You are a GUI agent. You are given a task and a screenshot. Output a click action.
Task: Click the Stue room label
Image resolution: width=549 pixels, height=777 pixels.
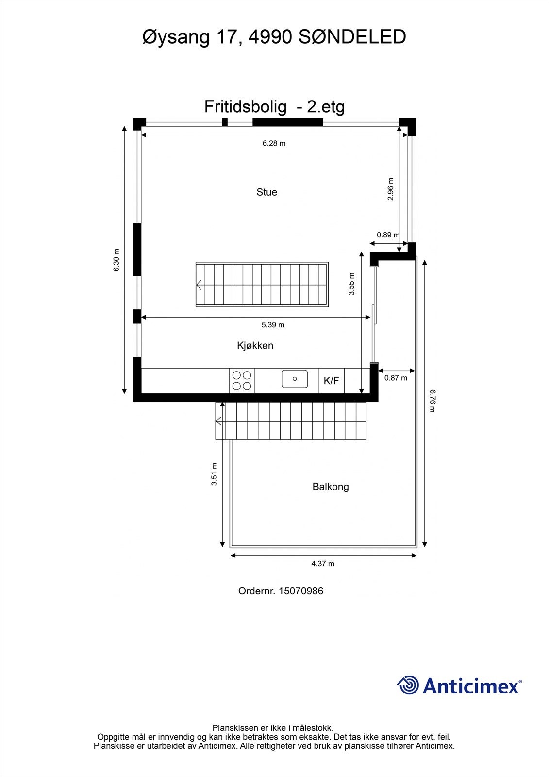[x=266, y=192]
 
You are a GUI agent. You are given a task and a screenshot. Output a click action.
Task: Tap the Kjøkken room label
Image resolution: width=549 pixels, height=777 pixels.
[x=255, y=346]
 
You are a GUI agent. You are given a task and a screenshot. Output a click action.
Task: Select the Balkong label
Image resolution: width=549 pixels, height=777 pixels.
[x=331, y=487]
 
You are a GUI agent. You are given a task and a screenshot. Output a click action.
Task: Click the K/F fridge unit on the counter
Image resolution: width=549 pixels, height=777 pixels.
[x=332, y=381]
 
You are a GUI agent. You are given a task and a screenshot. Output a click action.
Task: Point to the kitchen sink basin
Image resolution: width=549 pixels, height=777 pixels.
[x=295, y=379]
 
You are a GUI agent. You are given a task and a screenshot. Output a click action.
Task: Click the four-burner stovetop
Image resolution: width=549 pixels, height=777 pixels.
[x=242, y=381]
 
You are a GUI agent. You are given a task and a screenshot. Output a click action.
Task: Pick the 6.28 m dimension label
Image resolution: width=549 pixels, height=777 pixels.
[x=274, y=143]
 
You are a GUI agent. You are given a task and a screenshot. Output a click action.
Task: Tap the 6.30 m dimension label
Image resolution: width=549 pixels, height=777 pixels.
[x=116, y=260]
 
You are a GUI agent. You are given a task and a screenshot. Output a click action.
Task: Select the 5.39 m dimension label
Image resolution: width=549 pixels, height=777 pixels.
[x=273, y=325]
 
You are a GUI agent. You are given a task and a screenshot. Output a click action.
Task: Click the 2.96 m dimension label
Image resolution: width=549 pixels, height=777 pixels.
[x=391, y=189]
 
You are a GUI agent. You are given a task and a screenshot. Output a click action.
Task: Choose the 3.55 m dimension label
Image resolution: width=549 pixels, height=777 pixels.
[x=352, y=284]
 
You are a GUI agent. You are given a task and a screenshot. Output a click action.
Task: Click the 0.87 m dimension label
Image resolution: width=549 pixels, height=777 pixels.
[x=396, y=378]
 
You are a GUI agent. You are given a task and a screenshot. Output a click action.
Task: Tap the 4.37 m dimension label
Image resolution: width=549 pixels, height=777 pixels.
[x=323, y=564]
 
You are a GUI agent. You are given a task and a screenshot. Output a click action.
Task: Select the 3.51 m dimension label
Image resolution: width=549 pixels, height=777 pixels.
[x=214, y=474]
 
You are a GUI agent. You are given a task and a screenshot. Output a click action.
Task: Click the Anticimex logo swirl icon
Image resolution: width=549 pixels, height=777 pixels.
[x=408, y=685]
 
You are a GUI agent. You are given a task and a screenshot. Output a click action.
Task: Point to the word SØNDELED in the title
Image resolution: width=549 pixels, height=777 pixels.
[x=352, y=37]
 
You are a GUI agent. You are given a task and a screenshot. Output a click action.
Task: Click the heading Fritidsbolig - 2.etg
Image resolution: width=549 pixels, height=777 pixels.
[x=274, y=107]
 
